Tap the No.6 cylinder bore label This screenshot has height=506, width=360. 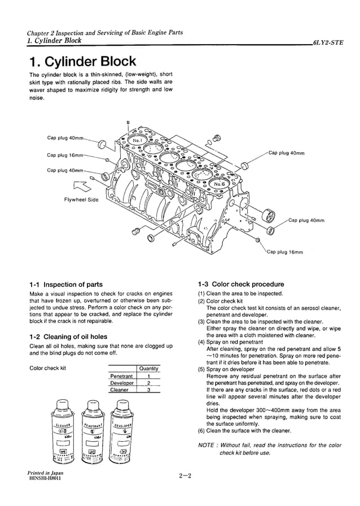tap(219, 184)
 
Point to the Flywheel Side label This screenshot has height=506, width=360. tap(81, 199)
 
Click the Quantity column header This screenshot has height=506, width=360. tap(148, 369)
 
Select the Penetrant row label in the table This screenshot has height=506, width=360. tap(121, 376)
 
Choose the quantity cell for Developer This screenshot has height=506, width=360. tap(148, 383)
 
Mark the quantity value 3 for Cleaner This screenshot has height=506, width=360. tap(148, 390)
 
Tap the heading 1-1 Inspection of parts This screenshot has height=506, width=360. tap(65, 284)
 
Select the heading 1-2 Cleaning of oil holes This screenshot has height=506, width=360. tap(68, 337)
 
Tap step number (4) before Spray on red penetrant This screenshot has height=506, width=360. tap(201, 342)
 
